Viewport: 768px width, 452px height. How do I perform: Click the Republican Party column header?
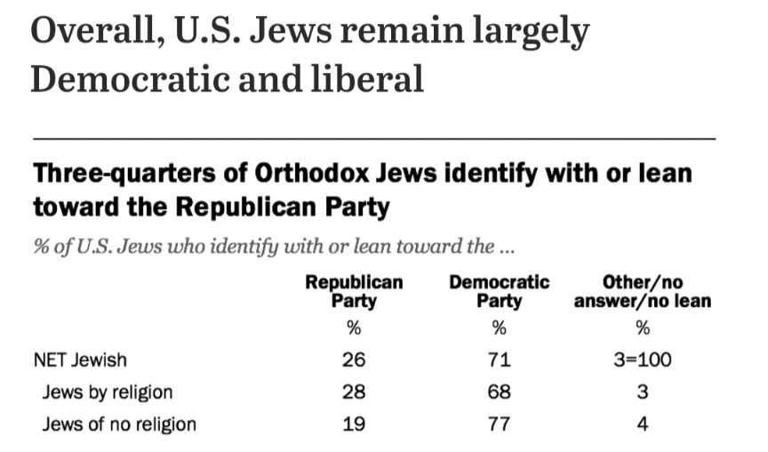354,291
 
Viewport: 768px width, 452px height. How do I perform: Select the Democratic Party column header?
499,291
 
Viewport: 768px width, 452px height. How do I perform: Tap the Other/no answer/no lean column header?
642,291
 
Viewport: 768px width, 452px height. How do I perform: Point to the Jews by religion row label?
107,391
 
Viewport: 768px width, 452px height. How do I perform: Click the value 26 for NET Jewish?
354,360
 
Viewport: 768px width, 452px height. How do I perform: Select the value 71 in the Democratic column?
499,360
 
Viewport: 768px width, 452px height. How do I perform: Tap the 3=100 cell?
642,360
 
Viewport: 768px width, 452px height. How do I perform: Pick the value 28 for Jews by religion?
354,391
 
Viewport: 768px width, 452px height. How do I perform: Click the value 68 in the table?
499,391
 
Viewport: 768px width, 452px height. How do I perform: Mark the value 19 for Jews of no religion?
354,424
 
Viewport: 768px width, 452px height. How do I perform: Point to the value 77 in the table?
499,424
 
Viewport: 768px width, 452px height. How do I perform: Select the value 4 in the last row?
642,424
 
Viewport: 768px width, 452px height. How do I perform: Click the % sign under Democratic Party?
499,327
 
